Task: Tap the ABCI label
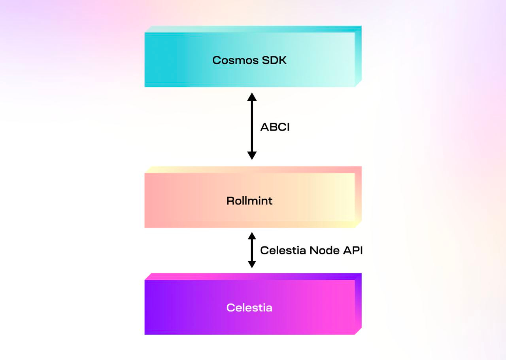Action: coord(275,127)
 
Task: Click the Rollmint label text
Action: coord(249,201)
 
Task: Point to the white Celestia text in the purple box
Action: coord(249,307)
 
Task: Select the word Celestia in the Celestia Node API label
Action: coord(283,250)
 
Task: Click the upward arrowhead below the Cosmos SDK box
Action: coord(252,97)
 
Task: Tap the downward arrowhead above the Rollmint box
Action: coord(252,155)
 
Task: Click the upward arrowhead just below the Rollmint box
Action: coord(252,236)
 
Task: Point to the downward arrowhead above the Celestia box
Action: coord(252,264)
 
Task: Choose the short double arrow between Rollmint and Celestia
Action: coord(252,250)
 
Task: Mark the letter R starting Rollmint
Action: coord(230,201)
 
